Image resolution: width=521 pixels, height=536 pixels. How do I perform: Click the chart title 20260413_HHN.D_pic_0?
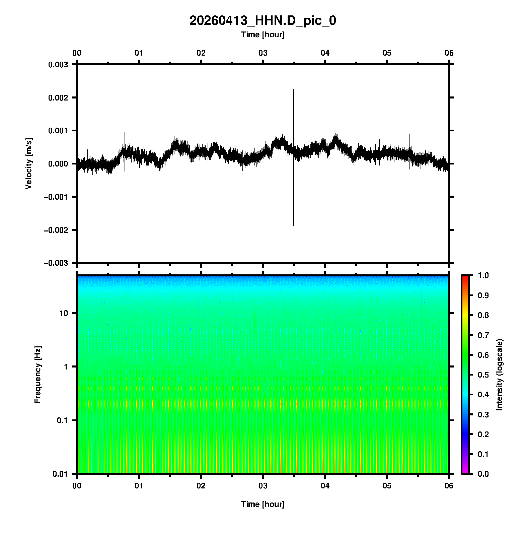(x=263, y=21)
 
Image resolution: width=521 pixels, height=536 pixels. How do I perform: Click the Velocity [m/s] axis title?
(x=29, y=163)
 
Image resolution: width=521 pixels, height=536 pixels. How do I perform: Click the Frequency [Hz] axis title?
(x=38, y=375)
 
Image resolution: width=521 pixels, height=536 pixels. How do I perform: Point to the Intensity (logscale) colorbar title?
(x=500, y=375)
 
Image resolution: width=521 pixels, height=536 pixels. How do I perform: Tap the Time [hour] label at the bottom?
(x=263, y=504)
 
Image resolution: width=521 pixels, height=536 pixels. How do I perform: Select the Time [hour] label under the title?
(x=263, y=35)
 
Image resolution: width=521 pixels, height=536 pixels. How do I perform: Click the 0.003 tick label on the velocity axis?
(x=58, y=65)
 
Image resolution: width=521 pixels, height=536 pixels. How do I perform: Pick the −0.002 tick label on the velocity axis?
(x=56, y=230)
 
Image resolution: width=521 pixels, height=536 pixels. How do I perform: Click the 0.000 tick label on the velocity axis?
(x=58, y=164)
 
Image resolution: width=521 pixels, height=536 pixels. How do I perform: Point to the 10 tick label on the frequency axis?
(x=63, y=313)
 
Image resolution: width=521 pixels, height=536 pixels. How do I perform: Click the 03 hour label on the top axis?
(x=263, y=53)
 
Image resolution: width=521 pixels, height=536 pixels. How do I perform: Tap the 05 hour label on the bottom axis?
(x=387, y=485)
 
